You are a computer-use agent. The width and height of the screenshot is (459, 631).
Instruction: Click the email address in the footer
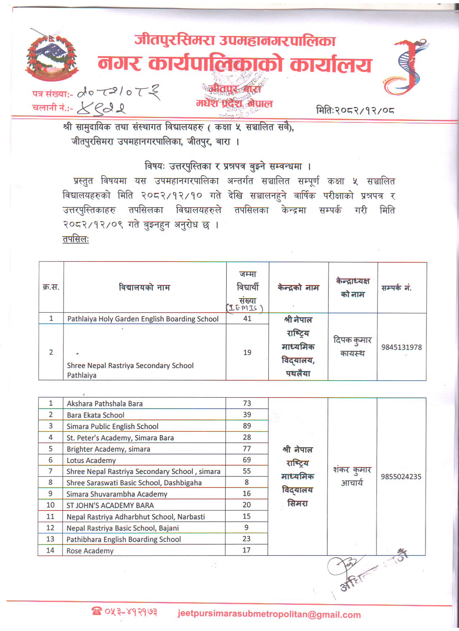pos(269,614)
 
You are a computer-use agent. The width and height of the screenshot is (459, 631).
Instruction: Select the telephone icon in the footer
pos(96,611)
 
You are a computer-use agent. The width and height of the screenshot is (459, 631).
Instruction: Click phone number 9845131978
pos(401,347)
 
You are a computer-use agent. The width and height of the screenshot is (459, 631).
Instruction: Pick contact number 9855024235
pos(401,477)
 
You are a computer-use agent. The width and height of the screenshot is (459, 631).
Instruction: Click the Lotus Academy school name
pos(91,460)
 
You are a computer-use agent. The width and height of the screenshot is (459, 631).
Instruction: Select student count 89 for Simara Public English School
pos(247,426)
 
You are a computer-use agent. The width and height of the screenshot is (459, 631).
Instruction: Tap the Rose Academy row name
pos(90,551)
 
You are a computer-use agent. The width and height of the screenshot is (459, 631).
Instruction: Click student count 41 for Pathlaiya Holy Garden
pos(247,318)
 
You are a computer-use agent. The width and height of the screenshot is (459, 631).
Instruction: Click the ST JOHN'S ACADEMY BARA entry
pos(110,505)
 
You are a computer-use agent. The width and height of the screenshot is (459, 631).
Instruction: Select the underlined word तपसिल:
pos(76,239)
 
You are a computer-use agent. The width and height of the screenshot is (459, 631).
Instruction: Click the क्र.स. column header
pos(51,287)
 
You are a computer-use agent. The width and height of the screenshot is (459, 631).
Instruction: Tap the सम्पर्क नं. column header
pos(396,288)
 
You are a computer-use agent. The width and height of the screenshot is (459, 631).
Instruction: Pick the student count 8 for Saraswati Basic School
pos(247,482)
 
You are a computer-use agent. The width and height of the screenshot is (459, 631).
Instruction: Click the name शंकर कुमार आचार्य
pos(352,476)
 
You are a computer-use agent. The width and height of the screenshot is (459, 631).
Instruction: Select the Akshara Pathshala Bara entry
pos(105,404)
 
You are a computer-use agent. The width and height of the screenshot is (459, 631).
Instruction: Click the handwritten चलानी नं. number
pos(101,108)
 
